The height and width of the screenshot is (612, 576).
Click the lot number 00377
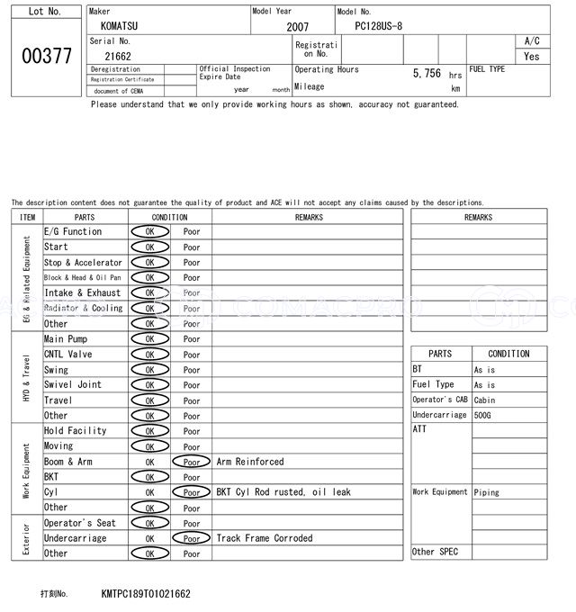(x=46, y=56)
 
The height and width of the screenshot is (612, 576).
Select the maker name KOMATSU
(x=121, y=26)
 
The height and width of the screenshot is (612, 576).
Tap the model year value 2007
(x=297, y=27)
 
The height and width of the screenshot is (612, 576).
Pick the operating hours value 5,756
(x=427, y=74)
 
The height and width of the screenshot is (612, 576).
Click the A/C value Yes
(x=532, y=56)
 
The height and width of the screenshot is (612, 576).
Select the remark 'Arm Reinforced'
(x=250, y=462)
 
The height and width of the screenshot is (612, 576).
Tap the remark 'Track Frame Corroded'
(x=265, y=538)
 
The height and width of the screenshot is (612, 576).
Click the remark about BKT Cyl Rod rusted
(x=283, y=492)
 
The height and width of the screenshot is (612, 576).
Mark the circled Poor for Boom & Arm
(x=192, y=462)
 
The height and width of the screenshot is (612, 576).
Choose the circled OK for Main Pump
(x=149, y=339)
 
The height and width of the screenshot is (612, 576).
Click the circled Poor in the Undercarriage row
(x=192, y=538)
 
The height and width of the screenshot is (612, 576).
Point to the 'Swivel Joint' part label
(x=73, y=385)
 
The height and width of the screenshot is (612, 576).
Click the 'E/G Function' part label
(x=73, y=232)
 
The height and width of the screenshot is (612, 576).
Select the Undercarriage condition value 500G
(x=484, y=415)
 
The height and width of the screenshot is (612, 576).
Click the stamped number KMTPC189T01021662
(x=146, y=594)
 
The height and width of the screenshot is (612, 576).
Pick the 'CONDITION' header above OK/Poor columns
(x=170, y=217)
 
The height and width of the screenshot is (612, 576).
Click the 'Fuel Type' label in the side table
(x=433, y=385)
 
